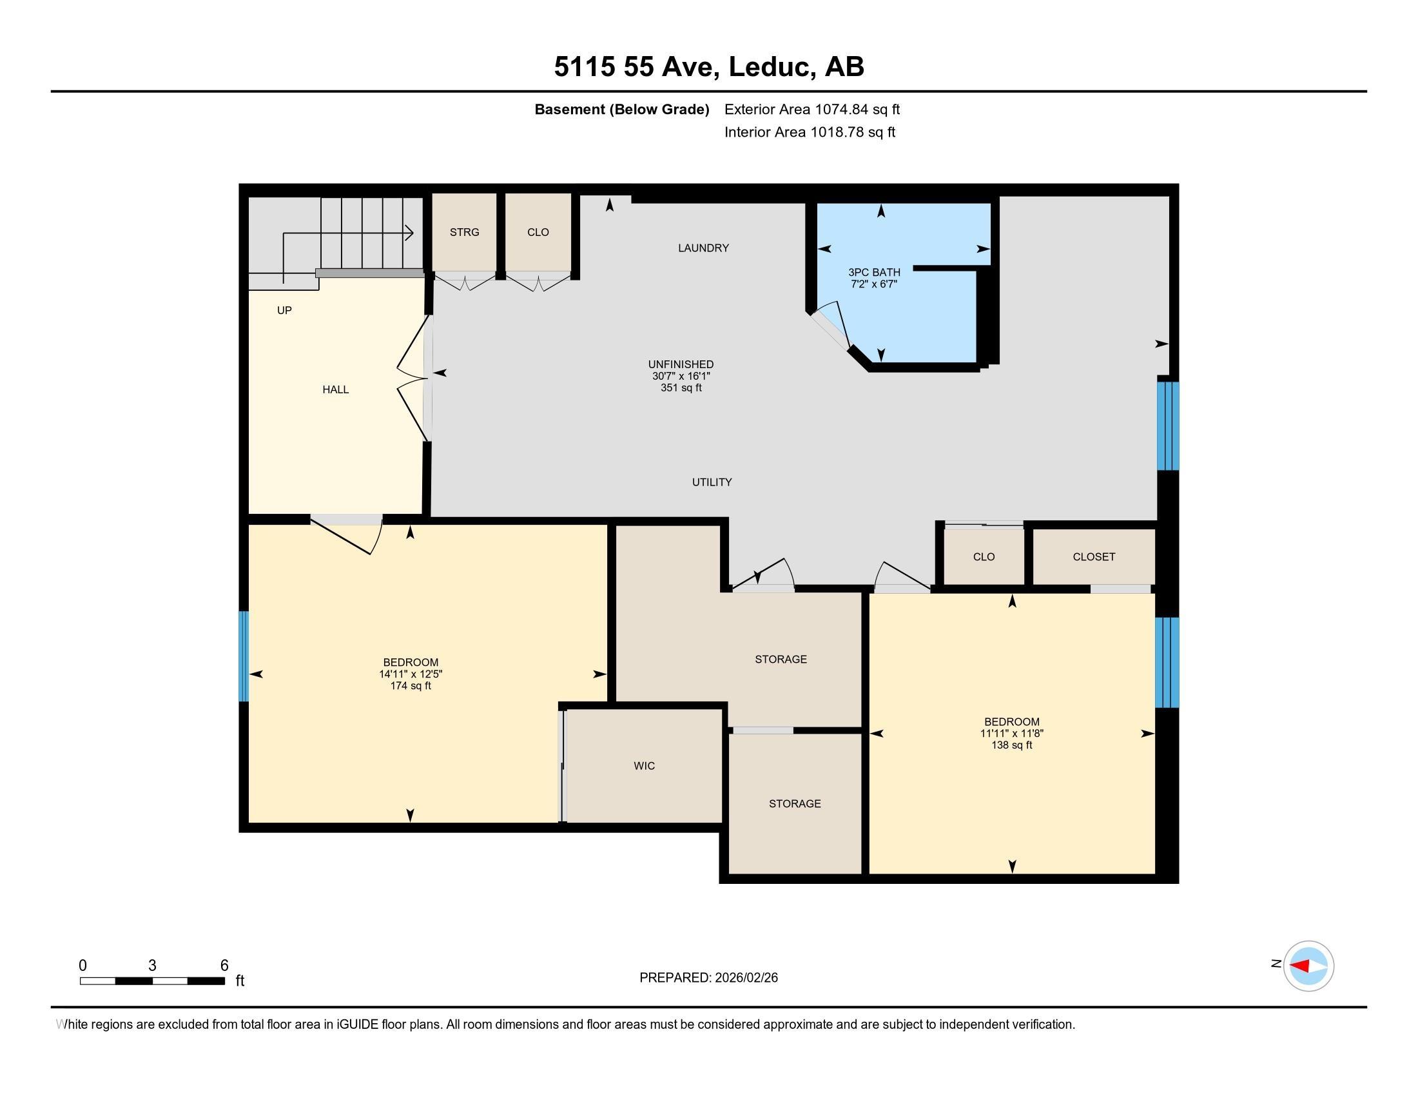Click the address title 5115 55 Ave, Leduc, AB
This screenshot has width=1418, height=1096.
tap(709, 67)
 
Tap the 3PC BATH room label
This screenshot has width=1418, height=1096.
tap(874, 272)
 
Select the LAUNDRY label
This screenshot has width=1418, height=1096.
tap(703, 248)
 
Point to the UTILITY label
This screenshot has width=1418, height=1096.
tap(712, 482)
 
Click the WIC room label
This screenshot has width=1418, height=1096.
tap(644, 766)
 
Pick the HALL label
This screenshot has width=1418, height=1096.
tap(336, 389)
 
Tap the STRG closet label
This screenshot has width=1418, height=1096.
tap(464, 232)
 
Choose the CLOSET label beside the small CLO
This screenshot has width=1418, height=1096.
tap(1094, 556)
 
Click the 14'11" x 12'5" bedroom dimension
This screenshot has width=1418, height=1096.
tap(411, 674)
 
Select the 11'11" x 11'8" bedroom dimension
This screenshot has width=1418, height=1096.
tap(1011, 734)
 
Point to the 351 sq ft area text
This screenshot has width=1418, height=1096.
tap(681, 387)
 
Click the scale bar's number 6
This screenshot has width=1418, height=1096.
tap(224, 966)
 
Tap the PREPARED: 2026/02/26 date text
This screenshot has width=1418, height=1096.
tap(708, 978)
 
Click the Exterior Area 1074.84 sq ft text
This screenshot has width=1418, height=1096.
tap(812, 110)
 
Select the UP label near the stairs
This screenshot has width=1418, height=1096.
tap(284, 310)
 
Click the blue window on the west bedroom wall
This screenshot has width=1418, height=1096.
tap(244, 656)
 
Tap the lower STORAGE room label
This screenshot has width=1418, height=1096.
tap(795, 804)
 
